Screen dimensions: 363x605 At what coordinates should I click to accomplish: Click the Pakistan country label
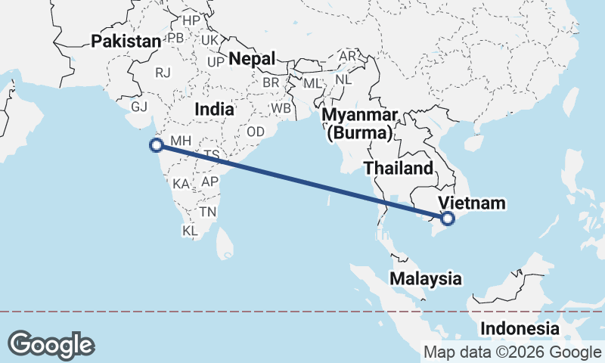pyautogui.click(x=126, y=42)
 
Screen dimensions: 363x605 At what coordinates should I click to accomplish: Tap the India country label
pyautogui.click(x=214, y=110)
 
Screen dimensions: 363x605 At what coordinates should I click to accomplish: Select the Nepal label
pyautogui.click(x=252, y=58)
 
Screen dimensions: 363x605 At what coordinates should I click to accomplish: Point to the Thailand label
pyautogui.click(x=399, y=168)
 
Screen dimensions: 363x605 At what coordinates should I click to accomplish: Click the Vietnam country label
pyautogui.click(x=472, y=203)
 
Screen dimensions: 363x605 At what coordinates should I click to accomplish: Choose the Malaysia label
pyautogui.click(x=426, y=278)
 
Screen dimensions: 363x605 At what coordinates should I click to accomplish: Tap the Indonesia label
pyautogui.click(x=520, y=329)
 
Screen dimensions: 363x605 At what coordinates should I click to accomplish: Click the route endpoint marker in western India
pyautogui.click(x=157, y=145)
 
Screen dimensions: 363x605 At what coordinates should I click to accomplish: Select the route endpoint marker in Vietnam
pyautogui.click(x=447, y=219)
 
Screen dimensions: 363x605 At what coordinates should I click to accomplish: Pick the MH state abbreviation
pyautogui.click(x=181, y=141)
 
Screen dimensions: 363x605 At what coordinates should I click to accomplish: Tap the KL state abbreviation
pyautogui.click(x=190, y=230)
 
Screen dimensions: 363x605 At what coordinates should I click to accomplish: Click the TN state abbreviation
pyautogui.click(x=207, y=211)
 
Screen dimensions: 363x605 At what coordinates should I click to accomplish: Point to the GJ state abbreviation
pyautogui.click(x=140, y=107)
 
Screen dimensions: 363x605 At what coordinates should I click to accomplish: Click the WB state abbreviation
pyautogui.click(x=281, y=108)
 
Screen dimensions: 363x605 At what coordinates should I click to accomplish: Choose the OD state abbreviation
pyautogui.click(x=256, y=131)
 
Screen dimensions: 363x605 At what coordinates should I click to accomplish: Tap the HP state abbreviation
pyautogui.click(x=191, y=20)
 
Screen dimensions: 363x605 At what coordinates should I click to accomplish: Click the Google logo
pyautogui.click(x=51, y=344)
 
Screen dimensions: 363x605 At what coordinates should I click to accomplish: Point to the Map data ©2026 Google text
pyautogui.click(x=512, y=352)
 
